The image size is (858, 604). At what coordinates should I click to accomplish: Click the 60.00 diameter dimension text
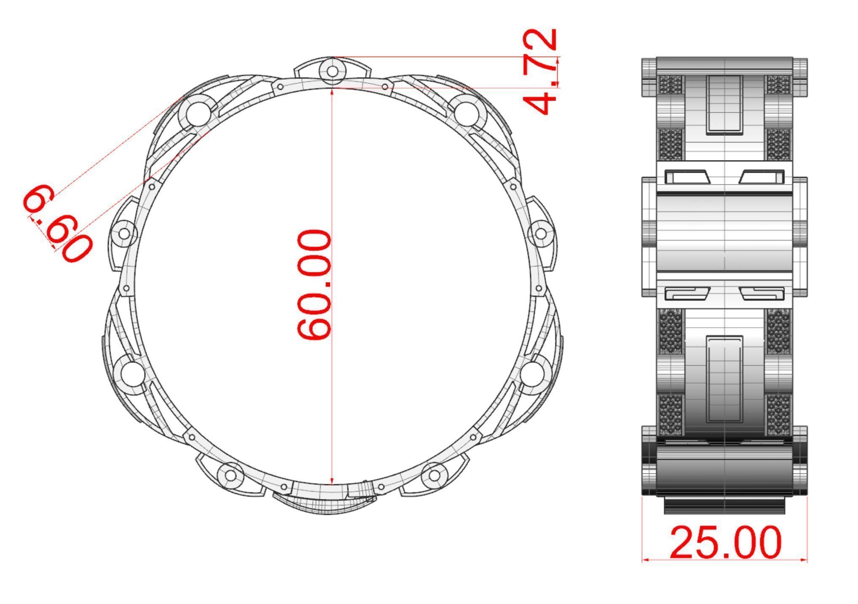[314, 285]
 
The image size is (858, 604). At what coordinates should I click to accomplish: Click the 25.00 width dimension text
[725, 543]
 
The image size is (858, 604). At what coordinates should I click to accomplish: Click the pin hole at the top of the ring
[332, 71]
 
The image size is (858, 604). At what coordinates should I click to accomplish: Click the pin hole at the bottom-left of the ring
[231, 475]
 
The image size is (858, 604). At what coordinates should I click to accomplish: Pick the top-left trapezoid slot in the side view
[687, 177]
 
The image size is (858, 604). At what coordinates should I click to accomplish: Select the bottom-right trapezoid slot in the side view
[762, 293]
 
